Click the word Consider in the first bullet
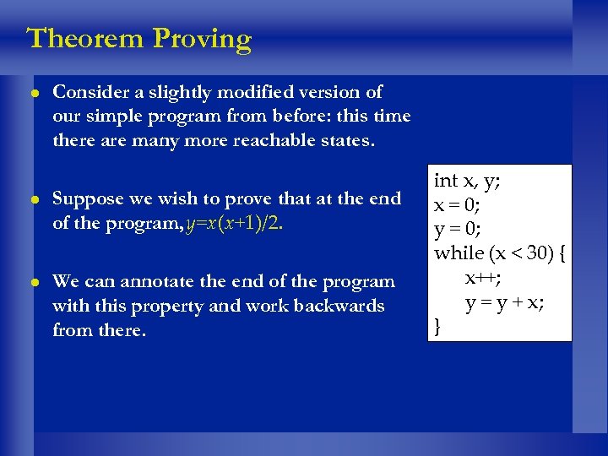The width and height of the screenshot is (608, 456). point(89,92)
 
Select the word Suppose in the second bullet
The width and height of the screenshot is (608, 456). point(89,199)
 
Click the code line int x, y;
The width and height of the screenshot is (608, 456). point(467,181)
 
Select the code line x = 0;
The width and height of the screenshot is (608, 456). point(459,205)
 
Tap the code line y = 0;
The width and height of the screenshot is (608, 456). point(459,229)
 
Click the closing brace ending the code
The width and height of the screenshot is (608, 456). point(437,326)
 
